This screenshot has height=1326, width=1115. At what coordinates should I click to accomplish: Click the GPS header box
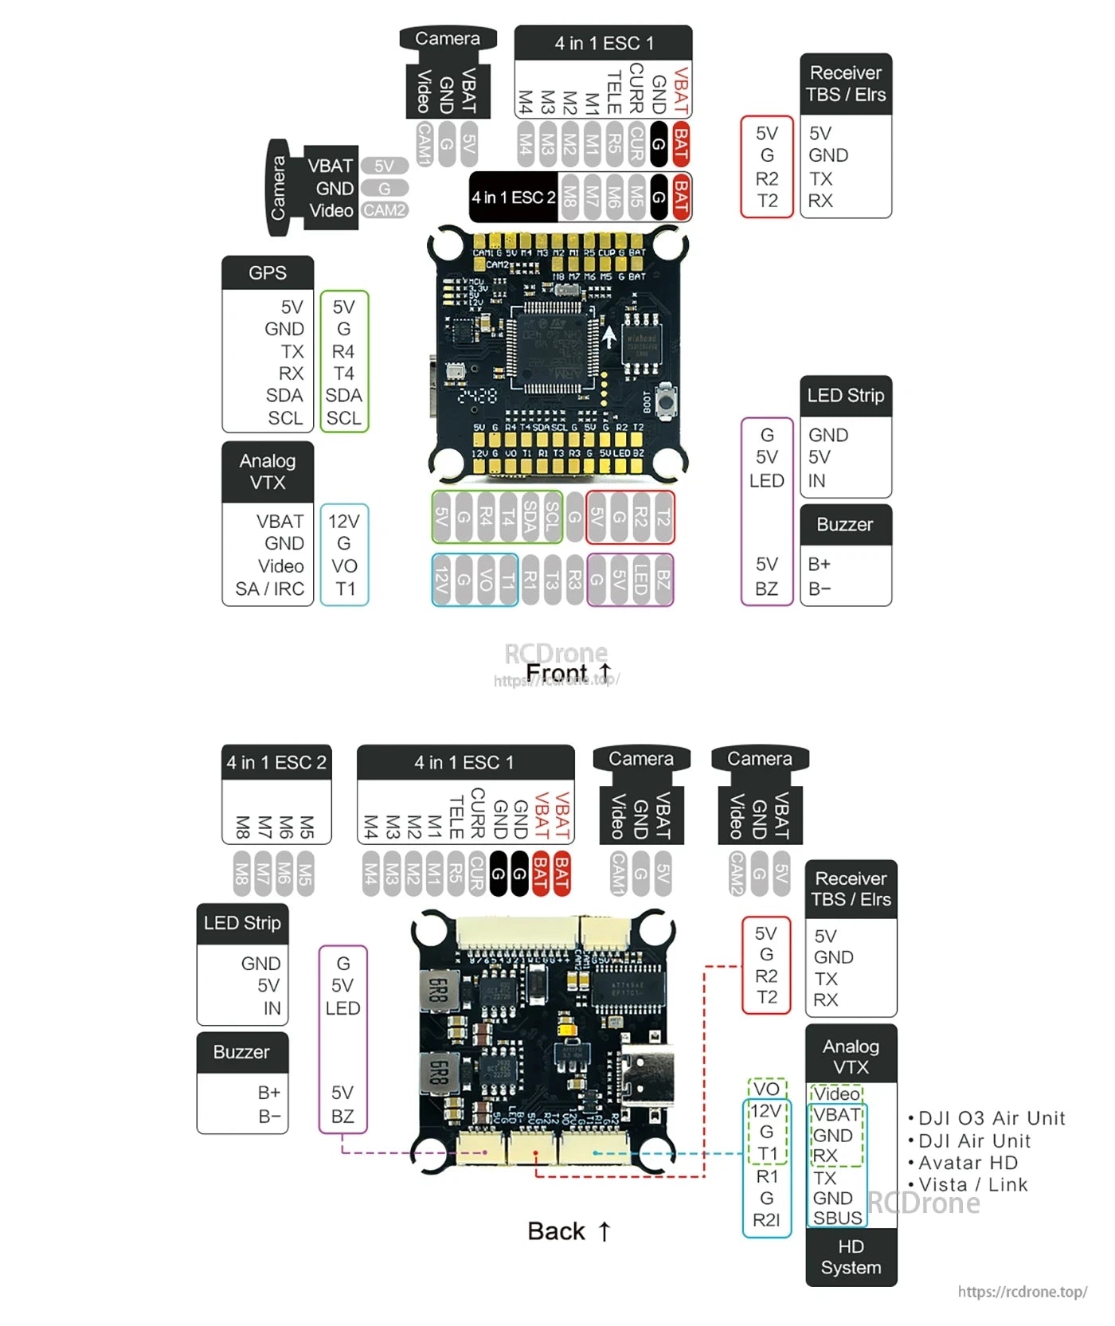click(x=268, y=273)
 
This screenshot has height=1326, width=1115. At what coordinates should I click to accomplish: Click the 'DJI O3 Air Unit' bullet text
click(x=992, y=1118)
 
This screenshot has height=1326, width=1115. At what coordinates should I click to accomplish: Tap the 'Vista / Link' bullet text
click(x=973, y=1185)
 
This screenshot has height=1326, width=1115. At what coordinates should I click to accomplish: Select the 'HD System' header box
click(x=851, y=1257)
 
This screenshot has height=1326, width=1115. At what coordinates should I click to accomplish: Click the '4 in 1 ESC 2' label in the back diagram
click(x=276, y=762)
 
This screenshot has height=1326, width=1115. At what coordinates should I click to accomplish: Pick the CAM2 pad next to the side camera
click(x=385, y=210)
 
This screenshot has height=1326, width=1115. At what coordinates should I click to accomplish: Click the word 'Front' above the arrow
click(x=556, y=674)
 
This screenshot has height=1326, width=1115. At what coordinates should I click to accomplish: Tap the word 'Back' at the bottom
click(x=556, y=1231)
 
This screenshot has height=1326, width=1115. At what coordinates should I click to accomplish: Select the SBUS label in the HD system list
click(x=837, y=1218)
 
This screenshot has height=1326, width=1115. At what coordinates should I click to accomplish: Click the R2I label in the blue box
click(x=766, y=1220)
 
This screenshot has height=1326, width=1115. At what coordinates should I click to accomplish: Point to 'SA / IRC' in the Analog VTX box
click(x=269, y=589)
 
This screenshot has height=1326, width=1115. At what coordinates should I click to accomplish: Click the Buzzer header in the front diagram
click(x=845, y=525)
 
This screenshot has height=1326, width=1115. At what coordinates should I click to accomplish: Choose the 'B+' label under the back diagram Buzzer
click(x=269, y=1093)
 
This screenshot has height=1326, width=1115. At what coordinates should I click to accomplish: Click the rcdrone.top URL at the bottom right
click(x=1023, y=1292)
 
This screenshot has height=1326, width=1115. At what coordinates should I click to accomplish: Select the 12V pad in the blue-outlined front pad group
click(x=442, y=581)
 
